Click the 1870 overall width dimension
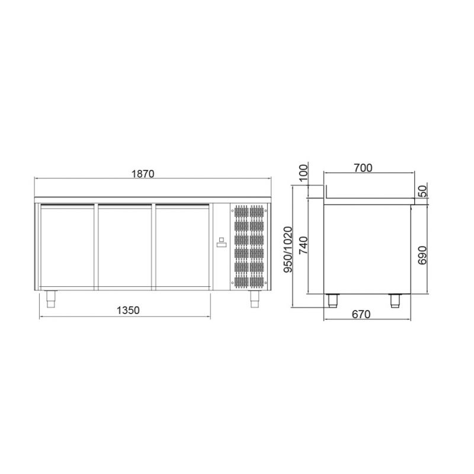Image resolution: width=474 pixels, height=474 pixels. [x=143, y=174]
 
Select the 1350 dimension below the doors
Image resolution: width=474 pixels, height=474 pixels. [x=128, y=310]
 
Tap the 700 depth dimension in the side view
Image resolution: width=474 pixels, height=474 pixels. [x=363, y=168]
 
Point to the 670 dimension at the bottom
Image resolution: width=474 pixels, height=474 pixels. [x=361, y=315]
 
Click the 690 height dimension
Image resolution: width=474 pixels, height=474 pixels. [x=422, y=255]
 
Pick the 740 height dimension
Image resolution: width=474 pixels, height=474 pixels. [x=303, y=245]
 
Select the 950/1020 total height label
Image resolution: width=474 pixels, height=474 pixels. [x=288, y=249]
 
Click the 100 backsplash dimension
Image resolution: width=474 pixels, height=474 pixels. [x=303, y=172]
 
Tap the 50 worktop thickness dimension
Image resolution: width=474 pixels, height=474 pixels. [x=423, y=191]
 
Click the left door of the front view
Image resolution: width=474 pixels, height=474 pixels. [x=67, y=246]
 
